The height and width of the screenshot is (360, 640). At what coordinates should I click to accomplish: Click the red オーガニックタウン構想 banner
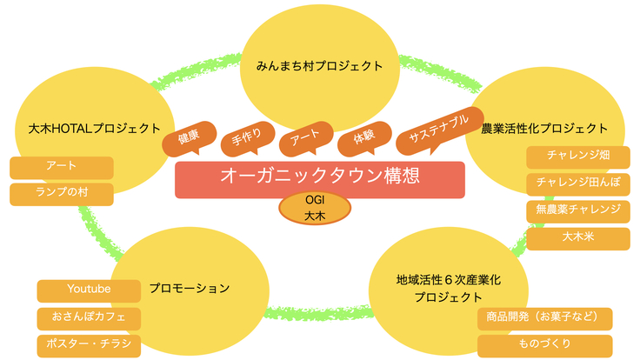click(x=320, y=177)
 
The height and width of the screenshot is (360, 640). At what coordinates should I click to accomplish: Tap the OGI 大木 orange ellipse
click(x=315, y=208)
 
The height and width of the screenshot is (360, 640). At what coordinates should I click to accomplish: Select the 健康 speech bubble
click(x=189, y=137)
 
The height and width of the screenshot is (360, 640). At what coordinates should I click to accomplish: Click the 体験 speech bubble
click(x=363, y=136)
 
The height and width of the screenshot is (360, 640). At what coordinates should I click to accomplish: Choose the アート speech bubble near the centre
click(x=304, y=137)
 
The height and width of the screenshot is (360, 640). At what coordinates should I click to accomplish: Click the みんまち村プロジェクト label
click(x=320, y=66)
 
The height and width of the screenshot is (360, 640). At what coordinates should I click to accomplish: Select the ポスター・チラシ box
click(x=89, y=345)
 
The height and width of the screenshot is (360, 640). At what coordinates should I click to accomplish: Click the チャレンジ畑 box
click(x=577, y=157)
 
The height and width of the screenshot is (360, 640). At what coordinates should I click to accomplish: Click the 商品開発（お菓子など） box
click(x=545, y=318)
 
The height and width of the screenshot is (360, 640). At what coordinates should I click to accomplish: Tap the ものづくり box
click(x=545, y=345)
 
